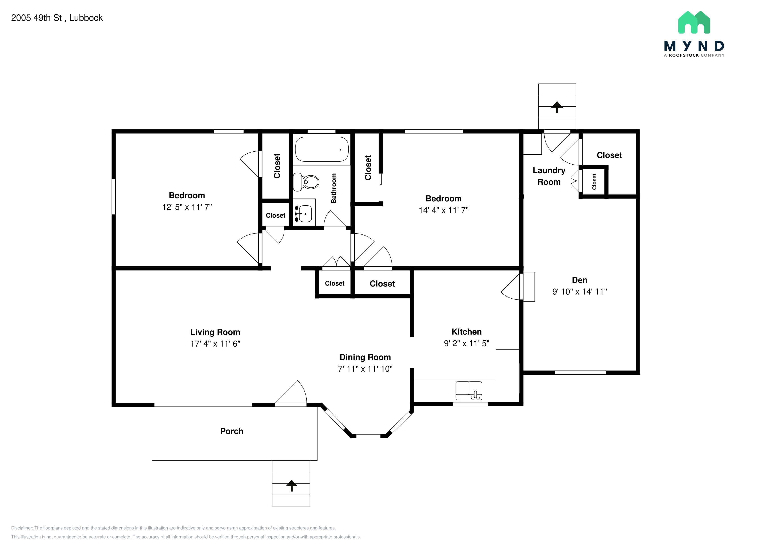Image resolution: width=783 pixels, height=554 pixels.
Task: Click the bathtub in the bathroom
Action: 322,149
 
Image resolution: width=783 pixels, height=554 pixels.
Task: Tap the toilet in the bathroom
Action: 306,182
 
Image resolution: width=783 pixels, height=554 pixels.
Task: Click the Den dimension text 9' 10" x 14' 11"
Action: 579,292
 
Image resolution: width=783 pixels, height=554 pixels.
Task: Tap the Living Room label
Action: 215,332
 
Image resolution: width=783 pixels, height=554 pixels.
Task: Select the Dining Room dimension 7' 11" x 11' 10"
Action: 365,369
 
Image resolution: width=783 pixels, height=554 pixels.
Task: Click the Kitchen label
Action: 466,332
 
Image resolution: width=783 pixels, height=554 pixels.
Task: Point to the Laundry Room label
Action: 549,176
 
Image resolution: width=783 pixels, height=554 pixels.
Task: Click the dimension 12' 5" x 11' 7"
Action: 187,207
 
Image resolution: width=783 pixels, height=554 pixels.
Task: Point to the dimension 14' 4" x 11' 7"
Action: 444,210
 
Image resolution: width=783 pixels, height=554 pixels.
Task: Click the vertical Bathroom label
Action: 333,188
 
